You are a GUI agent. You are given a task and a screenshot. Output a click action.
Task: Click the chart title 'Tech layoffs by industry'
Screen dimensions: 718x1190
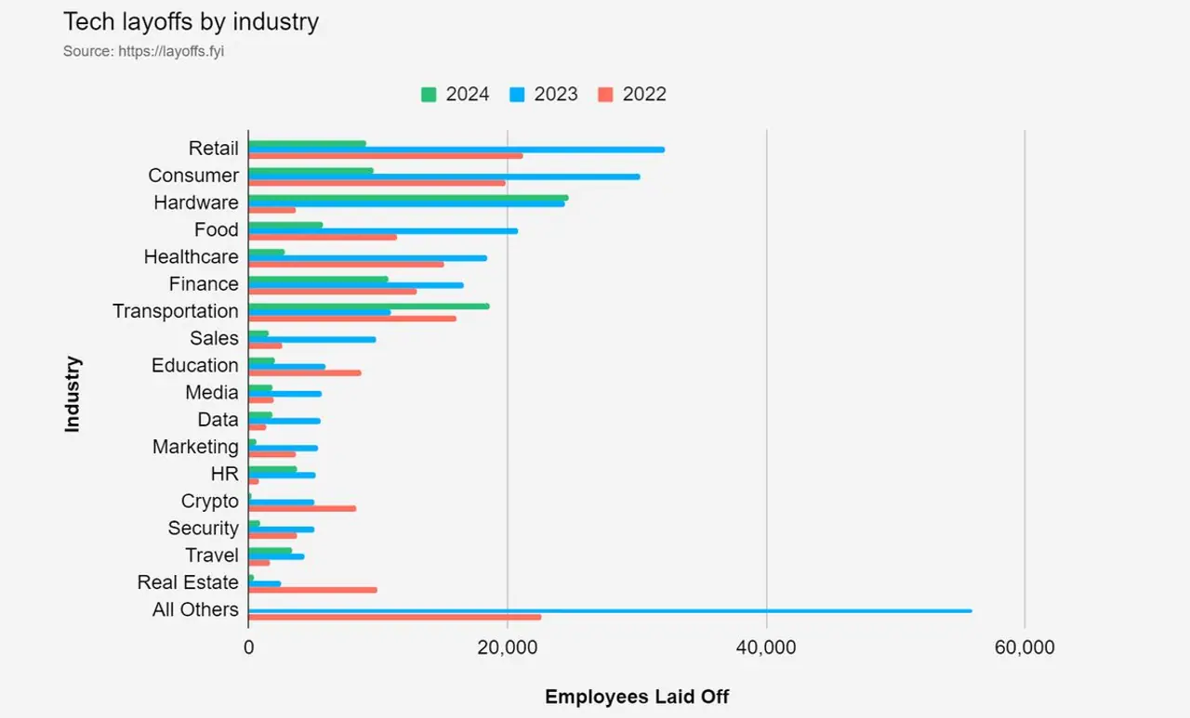tap(191, 22)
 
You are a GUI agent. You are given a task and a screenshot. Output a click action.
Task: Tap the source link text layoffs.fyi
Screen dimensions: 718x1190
tap(171, 51)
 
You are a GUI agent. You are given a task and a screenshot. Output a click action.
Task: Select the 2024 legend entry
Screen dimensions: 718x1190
tap(456, 94)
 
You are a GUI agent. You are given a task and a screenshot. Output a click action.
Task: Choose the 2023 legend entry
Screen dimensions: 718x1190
tap(544, 94)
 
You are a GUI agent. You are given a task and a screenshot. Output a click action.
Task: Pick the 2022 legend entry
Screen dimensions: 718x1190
tap(632, 94)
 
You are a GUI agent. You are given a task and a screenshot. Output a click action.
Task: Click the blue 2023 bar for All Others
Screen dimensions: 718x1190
tap(610, 610)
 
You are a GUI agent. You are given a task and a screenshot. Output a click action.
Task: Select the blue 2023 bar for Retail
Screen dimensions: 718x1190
tap(456, 149)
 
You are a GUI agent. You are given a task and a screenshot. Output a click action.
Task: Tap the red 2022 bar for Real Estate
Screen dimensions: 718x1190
tap(312, 590)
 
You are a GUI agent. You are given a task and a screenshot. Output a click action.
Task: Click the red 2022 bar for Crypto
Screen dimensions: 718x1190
tap(302, 508)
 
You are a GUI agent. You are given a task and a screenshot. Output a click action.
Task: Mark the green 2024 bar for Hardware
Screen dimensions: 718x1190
tap(408, 197)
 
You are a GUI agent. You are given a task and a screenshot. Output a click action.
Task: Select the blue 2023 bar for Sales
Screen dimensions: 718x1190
tap(312, 339)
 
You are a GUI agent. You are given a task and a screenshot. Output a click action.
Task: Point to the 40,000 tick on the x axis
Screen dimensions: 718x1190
tap(766, 647)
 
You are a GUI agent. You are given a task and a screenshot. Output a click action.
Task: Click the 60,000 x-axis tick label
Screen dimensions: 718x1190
tap(1025, 647)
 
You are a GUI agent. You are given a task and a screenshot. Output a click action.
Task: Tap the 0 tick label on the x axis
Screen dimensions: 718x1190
tap(249, 647)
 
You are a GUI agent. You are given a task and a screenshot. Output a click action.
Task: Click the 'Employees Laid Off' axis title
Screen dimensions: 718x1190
tap(637, 697)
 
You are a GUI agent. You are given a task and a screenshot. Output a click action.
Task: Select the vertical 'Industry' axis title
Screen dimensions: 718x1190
tap(73, 394)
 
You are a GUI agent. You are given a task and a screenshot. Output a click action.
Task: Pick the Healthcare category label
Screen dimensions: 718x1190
tap(191, 257)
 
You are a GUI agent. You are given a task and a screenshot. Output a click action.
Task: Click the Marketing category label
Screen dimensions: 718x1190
tap(195, 447)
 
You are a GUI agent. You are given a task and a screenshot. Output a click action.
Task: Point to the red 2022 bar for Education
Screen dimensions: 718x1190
tap(305, 372)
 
